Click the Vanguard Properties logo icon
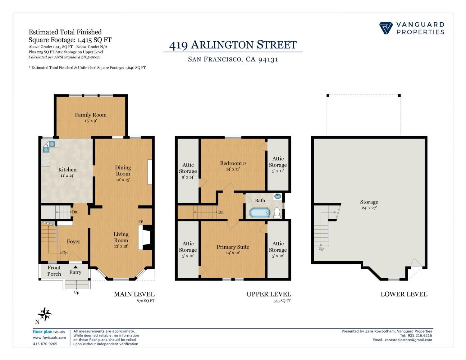coord(386,28)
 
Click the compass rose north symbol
coord(45,314)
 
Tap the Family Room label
coord(91,115)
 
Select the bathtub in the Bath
coord(260,213)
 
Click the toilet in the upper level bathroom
coord(277,213)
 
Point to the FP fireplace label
coord(141,222)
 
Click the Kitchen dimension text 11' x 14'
coord(67,175)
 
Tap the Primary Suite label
coord(233,247)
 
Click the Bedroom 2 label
coord(233,163)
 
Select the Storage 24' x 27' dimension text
coord(369,208)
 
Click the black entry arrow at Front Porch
coord(75,267)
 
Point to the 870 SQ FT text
coord(145,301)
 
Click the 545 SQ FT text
coord(282,301)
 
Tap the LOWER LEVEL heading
coord(404,294)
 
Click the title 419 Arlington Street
coord(233,45)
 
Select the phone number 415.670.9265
coord(45,344)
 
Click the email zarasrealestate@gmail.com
coord(408,340)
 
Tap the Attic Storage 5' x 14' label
coord(188,171)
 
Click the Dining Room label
coord(123,171)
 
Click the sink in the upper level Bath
coord(278,196)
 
